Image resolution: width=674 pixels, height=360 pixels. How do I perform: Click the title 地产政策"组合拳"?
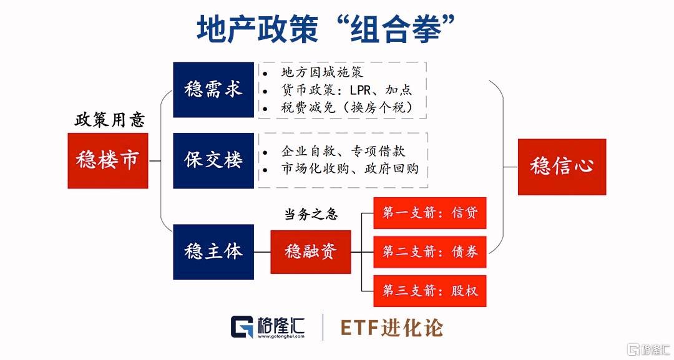point(326,29)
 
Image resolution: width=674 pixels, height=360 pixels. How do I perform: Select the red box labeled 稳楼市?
point(108,161)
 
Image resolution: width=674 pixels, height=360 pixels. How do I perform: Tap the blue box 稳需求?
point(213,90)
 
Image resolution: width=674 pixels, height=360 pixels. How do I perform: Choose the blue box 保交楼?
point(213,160)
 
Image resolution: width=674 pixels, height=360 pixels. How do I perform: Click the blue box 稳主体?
point(213,251)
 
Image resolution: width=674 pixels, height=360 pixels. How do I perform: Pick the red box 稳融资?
point(311,251)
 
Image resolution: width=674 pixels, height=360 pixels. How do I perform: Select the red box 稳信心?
point(562,167)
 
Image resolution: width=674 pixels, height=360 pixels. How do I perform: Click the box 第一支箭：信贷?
point(430,213)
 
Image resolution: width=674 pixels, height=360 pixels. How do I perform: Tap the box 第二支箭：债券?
point(430,251)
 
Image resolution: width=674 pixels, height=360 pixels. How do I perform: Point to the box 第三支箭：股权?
point(430,291)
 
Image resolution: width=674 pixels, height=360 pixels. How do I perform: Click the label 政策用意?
point(110,120)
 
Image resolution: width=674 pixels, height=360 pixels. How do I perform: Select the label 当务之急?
point(311,214)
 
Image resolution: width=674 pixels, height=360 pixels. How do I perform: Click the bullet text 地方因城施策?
point(322,72)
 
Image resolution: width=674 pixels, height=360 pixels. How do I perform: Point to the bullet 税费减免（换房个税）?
point(347,107)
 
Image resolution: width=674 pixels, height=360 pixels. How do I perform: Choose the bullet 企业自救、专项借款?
point(343,151)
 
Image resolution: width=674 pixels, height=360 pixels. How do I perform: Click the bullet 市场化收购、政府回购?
point(350,169)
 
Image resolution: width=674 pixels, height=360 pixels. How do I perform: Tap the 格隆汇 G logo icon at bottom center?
point(242,327)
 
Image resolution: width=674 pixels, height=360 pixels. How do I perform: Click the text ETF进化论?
point(391,328)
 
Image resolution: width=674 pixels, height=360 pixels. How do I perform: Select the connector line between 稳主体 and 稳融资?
point(262,252)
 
